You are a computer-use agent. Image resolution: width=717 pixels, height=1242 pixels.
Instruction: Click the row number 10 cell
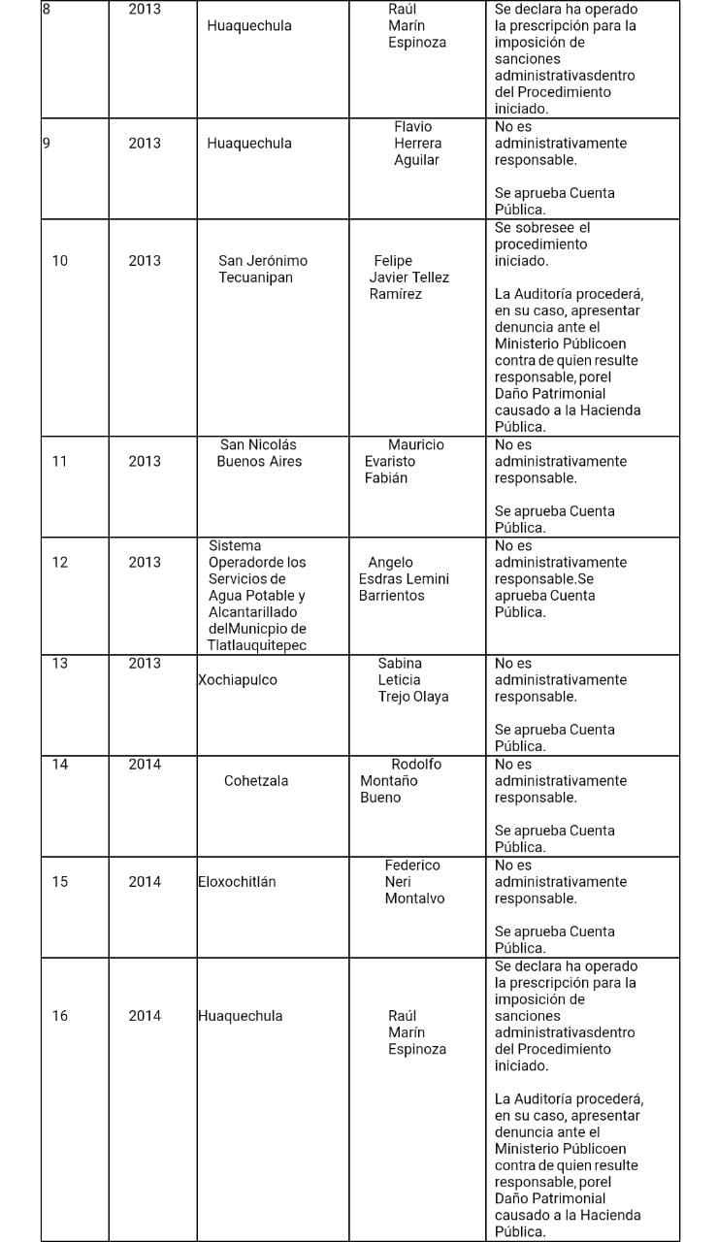pyautogui.click(x=60, y=260)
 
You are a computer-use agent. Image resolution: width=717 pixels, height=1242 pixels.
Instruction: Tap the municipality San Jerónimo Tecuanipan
pyautogui.click(x=263, y=269)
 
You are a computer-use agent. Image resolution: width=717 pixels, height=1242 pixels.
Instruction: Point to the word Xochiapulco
pyautogui.click(x=238, y=680)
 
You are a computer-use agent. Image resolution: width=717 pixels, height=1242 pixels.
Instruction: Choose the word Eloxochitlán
pyautogui.click(x=237, y=882)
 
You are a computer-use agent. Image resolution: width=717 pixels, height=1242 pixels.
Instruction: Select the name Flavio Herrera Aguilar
pyautogui.click(x=416, y=144)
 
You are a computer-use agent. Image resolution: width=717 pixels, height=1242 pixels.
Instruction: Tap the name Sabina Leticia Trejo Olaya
pyautogui.click(x=412, y=680)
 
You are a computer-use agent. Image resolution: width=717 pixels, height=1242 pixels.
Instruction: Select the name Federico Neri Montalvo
pyautogui.click(x=413, y=882)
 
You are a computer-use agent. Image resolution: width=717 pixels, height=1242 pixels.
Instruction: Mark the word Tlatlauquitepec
pyautogui.click(x=257, y=646)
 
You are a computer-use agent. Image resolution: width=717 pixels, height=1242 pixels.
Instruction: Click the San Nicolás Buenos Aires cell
pyautogui.click(x=259, y=453)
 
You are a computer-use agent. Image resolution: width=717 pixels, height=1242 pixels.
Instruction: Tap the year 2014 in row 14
pyautogui.click(x=145, y=765)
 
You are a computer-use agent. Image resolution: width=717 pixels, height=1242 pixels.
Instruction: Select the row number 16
pyautogui.click(x=60, y=1016)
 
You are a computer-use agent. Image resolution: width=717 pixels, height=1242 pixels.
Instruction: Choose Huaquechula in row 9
pyautogui.click(x=249, y=144)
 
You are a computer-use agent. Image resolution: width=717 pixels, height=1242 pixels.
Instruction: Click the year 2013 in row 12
pyautogui.click(x=145, y=563)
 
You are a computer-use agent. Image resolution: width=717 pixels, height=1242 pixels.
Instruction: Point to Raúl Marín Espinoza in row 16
pyautogui.click(x=416, y=1032)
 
